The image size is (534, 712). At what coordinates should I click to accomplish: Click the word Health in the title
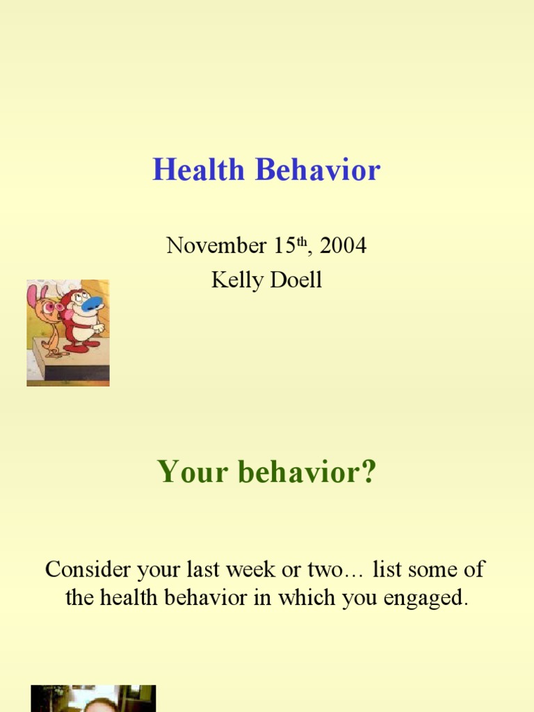[x=198, y=170]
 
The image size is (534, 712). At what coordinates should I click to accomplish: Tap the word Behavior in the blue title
[x=318, y=170]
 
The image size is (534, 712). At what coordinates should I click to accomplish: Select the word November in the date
[x=216, y=245]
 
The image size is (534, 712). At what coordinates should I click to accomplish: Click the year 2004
[x=343, y=245]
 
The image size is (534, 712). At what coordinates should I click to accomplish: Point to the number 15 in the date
[x=284, y=245]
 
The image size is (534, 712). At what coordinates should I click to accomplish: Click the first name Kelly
[x=237, y=280]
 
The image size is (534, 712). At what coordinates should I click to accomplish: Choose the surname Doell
[x=296, y=280]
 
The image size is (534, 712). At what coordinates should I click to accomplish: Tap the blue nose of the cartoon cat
[x=92, y=303]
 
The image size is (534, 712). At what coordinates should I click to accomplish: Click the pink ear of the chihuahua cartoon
[x=32, y=295]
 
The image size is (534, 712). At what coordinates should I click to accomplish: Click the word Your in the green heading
[x=192, y=471]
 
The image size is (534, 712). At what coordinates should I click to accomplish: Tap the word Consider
[x=88, y=569]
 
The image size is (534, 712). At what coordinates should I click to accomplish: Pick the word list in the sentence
[x=387, y=569]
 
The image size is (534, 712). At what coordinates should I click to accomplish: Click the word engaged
[x=426, y=598]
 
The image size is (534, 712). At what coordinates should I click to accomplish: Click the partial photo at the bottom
[x=94, y=698]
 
